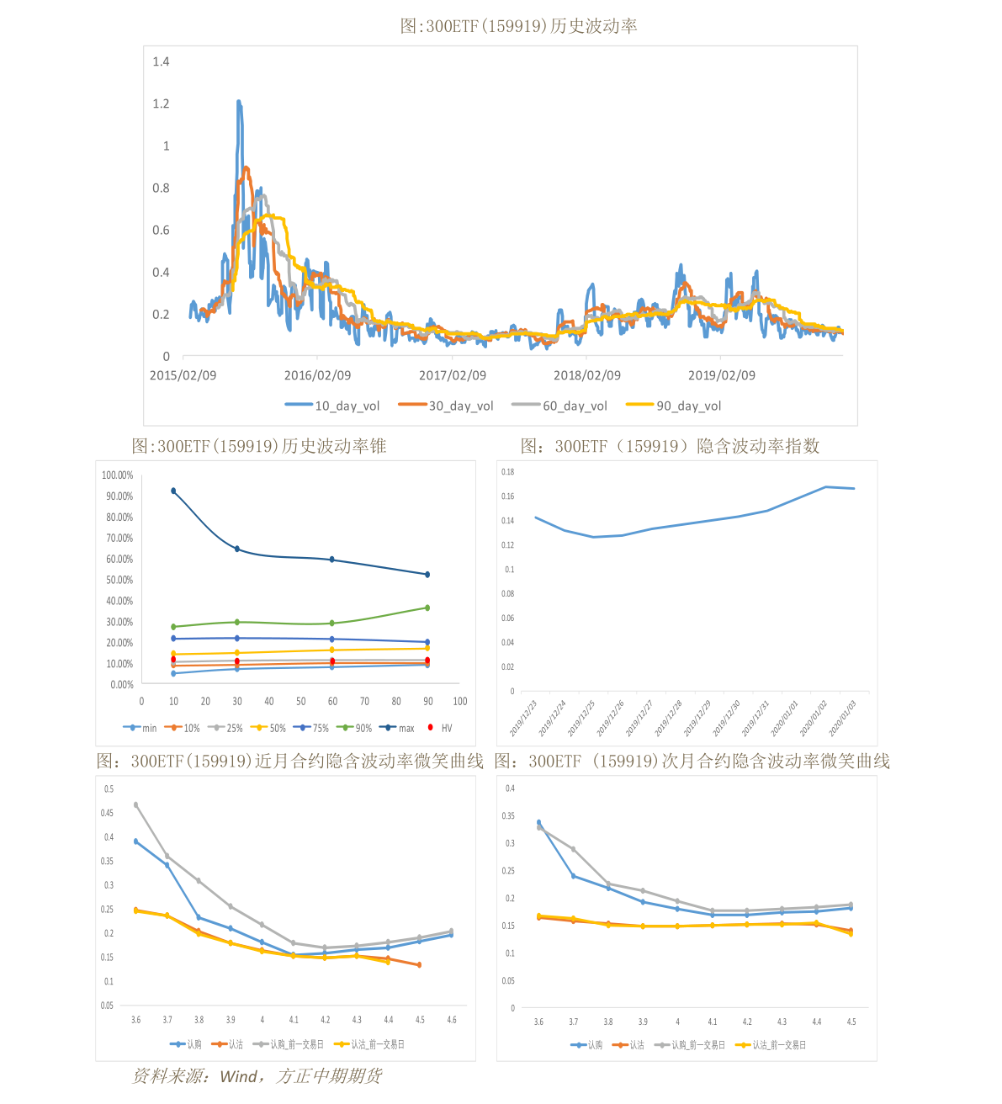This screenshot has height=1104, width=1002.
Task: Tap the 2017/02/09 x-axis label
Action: point(453,375)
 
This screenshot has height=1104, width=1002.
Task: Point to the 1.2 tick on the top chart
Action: point(161,103)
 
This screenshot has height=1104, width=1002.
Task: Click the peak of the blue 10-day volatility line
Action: point(239,102)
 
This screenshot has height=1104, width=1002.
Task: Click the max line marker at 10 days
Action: point(173,491)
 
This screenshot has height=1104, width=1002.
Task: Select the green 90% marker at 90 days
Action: point(427,608)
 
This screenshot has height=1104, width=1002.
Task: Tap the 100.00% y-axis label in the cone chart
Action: point(117,475)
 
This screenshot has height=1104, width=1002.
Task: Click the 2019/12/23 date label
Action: point(523,718)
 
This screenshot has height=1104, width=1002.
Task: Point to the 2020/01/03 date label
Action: point(842,718)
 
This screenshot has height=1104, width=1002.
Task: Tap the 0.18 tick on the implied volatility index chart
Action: point(507,472)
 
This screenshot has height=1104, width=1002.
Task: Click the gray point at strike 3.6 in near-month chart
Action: point(136,805)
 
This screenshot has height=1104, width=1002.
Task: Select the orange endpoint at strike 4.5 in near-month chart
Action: point(419,965)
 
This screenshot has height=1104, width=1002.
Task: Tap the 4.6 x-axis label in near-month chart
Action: point(452,1020)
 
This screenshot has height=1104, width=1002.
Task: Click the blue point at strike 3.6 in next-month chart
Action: point(539,822)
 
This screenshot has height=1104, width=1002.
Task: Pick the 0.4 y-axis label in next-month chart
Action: point(509,788)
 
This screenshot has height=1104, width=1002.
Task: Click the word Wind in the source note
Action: point(239,1076)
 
